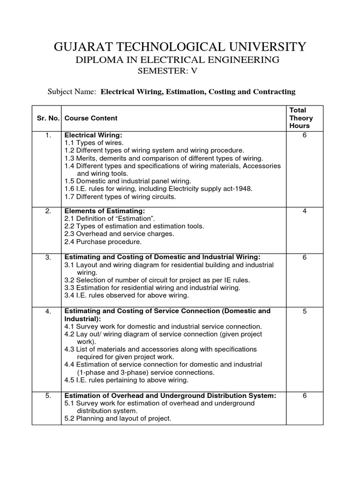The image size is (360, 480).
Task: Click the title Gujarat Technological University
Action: (180, 46)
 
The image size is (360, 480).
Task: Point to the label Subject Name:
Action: (72, 91)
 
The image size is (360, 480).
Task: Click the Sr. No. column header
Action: (48, 118)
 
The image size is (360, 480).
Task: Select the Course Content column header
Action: (91, 118)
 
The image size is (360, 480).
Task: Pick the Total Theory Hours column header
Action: (301, 118)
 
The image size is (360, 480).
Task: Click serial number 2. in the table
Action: (48, 211)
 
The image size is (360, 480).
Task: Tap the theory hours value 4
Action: (304, 211)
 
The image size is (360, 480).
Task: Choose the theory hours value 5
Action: (304, 311)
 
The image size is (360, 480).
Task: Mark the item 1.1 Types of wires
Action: (94, 143)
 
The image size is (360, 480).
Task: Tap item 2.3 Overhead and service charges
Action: (119, 233)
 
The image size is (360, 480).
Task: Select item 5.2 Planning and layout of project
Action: (118, 418)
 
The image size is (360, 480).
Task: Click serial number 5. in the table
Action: (48, 396)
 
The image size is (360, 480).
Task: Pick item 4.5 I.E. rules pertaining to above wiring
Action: (126, 380)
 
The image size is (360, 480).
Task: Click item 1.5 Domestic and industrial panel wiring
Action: (127, 181)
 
